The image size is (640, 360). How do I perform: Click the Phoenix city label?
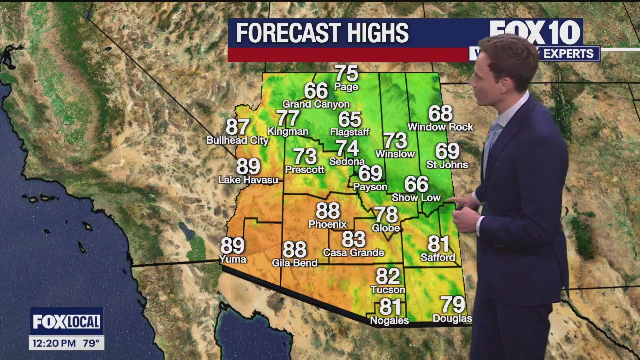pos(327,224)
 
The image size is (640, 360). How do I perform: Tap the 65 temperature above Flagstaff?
pos(350,120)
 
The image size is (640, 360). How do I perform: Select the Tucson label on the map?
pos(388,290)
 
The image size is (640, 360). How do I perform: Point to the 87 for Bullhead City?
pos(238,127)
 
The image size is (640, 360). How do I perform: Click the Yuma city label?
pos(233,259)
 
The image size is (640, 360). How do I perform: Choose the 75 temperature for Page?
pos(347,74)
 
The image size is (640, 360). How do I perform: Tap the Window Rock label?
pos(440,127)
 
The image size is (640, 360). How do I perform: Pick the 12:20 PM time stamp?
pos(54,343)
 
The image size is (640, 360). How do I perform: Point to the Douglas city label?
pos(452,319)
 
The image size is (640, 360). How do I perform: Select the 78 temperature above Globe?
pos(386,215)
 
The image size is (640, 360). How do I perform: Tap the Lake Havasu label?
pos(248,180)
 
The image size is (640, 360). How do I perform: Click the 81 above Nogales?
pos(390,306)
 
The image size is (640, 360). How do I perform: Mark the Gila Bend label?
pos(295,263)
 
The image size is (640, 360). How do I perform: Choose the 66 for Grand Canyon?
pos(316,91)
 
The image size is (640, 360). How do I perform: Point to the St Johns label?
pos(447,165)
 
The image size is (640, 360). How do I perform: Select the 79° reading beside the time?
pos(91,343)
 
